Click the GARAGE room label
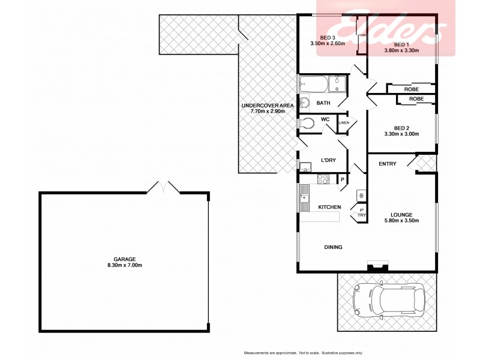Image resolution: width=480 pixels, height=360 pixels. [125, 258]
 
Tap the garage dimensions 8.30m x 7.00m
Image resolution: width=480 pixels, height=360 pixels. [125, 265]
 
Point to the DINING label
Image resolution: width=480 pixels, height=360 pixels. [333, 247]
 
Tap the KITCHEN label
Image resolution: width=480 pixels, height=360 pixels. [329, 207]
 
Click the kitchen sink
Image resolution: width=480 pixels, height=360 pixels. [304, 193]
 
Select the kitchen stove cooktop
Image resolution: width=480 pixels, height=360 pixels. [323, 178]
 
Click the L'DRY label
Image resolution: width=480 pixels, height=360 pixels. [328, 160]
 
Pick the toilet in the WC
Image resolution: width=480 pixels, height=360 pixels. [307, 123]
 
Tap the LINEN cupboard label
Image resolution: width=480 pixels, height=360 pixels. [344, 123]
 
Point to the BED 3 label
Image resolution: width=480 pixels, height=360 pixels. [328, 37]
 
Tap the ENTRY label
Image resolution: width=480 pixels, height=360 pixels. [387, 164]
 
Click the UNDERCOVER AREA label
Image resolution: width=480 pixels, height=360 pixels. [268, 106]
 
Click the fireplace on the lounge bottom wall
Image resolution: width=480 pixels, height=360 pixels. [378, 266]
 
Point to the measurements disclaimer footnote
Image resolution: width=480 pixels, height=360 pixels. [310, 352]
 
